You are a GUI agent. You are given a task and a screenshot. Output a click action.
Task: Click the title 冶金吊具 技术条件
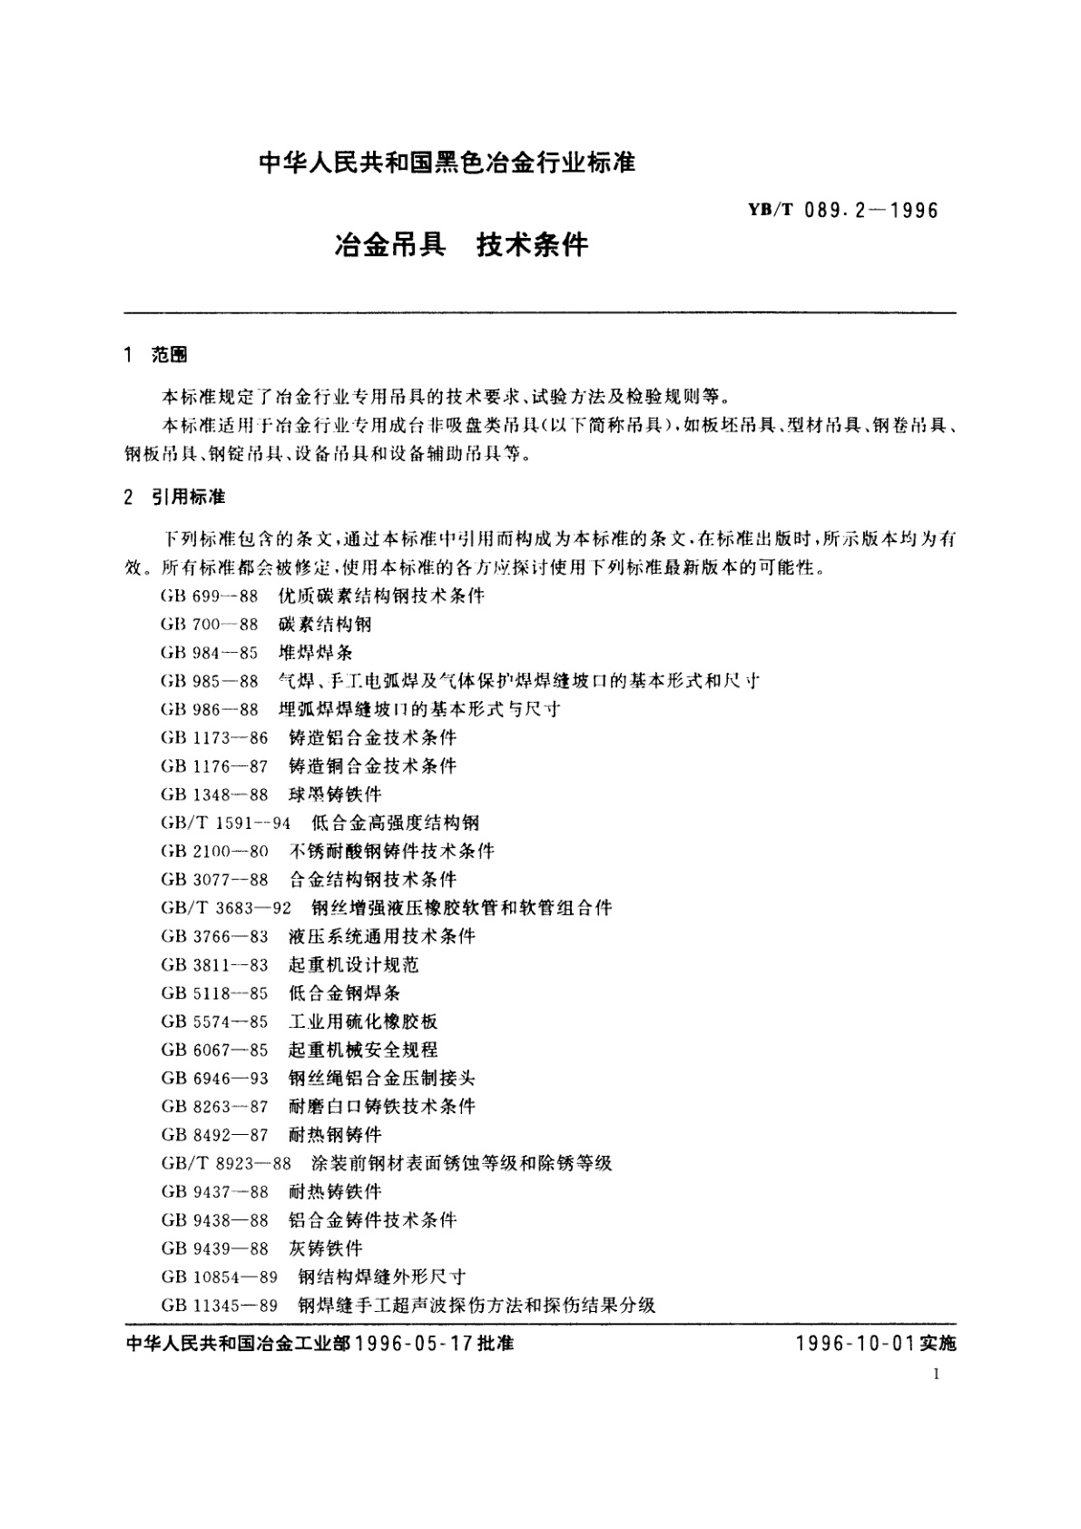click(x=462, y=245)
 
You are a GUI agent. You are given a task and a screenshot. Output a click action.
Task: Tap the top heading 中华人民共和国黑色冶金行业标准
click(x=447, y=164)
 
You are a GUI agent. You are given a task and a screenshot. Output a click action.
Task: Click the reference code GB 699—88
click(x=210, y=597)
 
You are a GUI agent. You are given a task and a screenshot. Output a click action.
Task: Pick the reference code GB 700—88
click(x=210, y=625)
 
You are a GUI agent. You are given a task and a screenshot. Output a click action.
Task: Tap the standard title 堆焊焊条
click(x=315, y=653)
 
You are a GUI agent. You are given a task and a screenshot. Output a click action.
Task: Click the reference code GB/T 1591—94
click(x=225, y=823)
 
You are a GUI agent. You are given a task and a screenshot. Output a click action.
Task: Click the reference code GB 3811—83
click(x=214, y=964)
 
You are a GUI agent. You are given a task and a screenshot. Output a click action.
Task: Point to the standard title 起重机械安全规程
click(x=363, y=1050)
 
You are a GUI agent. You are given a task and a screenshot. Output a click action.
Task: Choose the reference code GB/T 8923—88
click(x=225, y=1163)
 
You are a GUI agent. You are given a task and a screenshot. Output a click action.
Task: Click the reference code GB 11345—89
click(x=219, y=1306)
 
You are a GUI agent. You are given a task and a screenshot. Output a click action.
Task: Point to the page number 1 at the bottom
click(x=935, y=1375)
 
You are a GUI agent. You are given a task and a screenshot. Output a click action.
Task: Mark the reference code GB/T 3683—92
click(x=225, y=908)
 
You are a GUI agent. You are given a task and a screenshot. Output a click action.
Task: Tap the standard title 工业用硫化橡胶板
click(x=363, y=1021)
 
